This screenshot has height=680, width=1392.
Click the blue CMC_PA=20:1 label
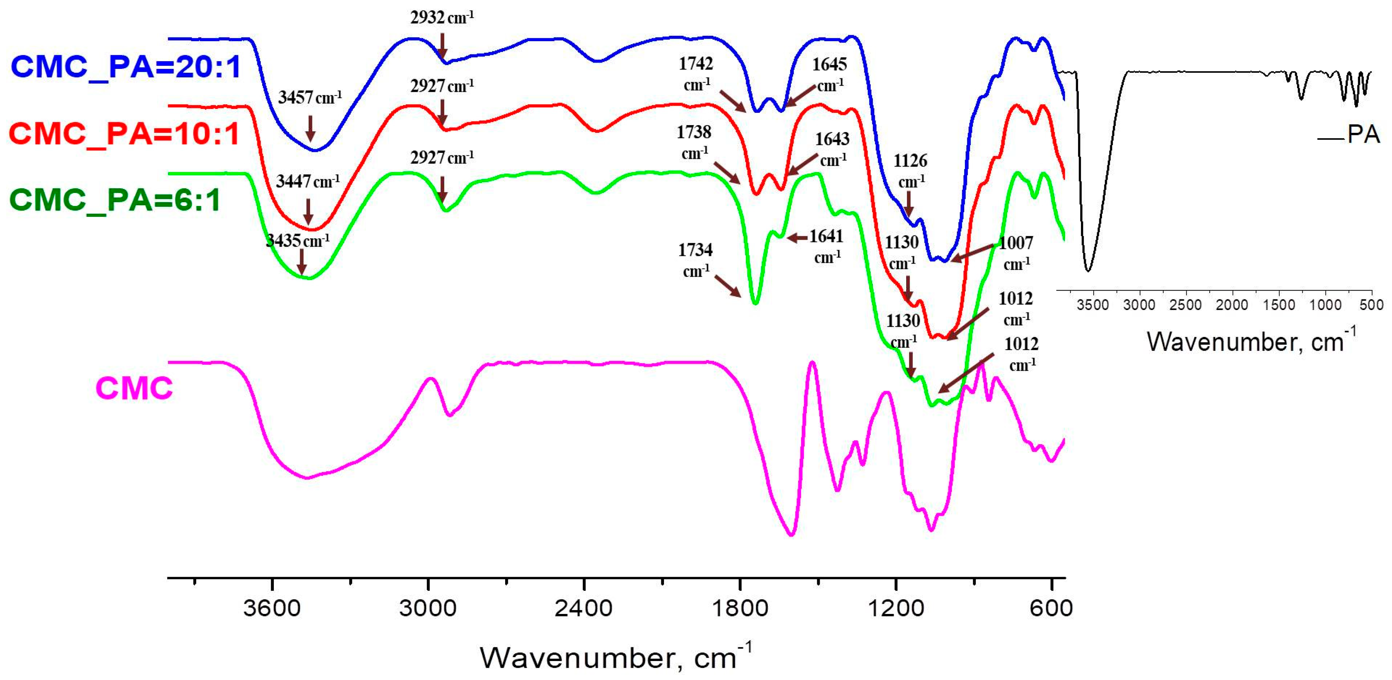[x=125, y=67]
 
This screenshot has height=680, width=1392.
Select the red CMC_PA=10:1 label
[x=124, y=134]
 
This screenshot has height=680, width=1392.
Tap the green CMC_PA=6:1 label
[x=115, y=200]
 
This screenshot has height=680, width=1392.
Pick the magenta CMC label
[x=134, y=388]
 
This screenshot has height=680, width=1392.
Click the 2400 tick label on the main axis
[x=584, y=609]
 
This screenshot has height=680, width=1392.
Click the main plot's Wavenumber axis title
[x=615, y=657]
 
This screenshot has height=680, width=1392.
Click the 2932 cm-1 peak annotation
[x=442, y=18]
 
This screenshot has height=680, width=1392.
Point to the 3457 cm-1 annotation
[x=310, y=98]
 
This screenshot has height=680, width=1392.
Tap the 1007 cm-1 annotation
[x=1016, y=253]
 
